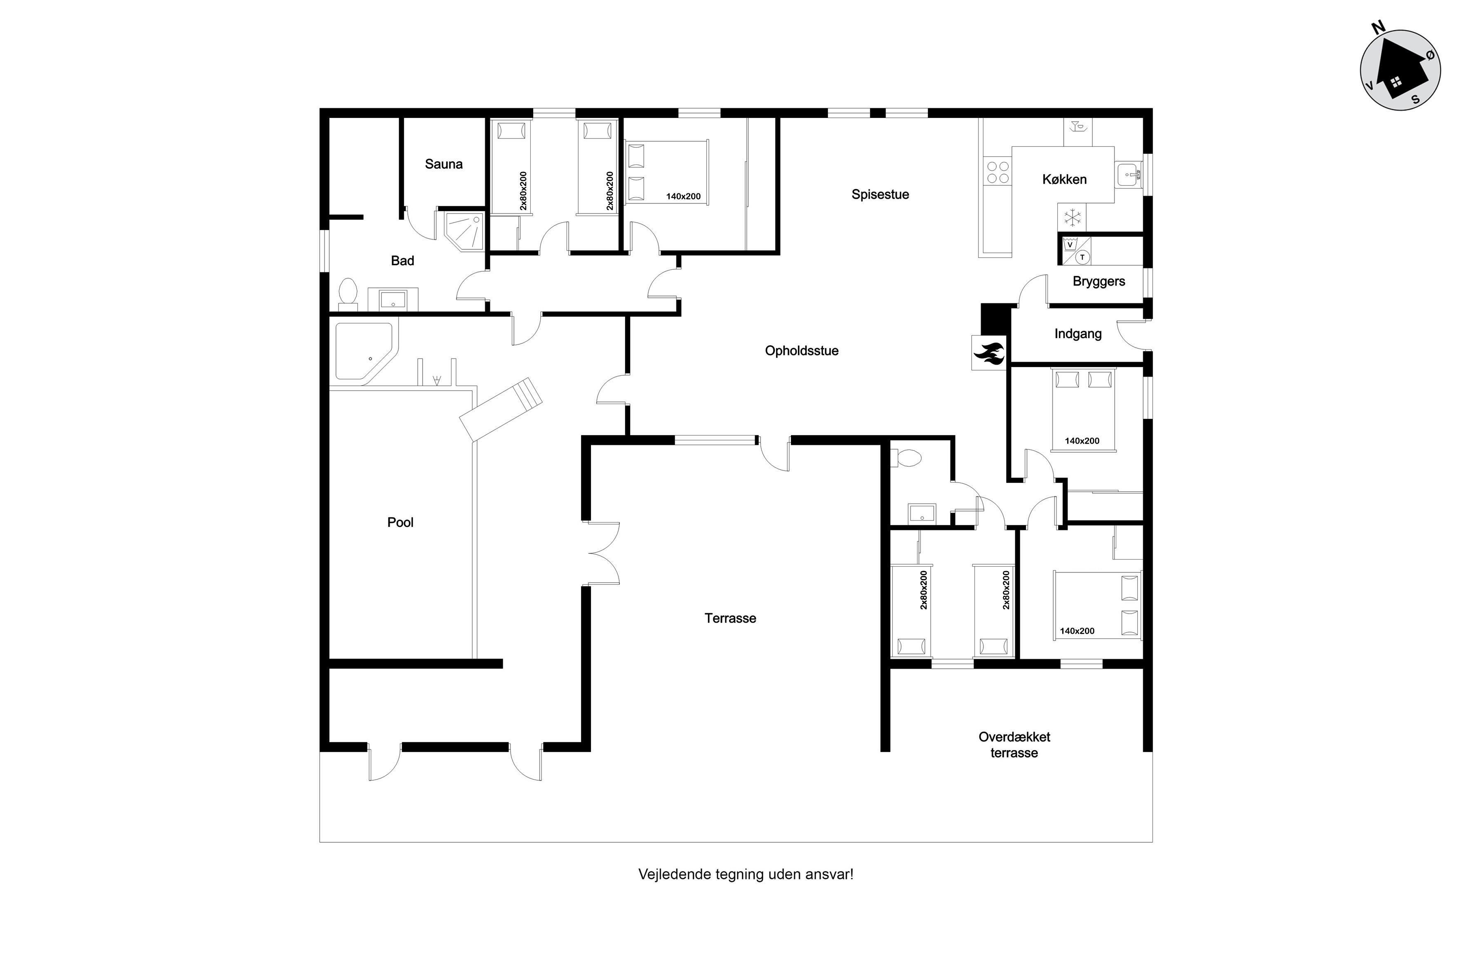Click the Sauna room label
pyautogui.click(x=444, y=164)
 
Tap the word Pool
pyautogui.click(x=400, y=522)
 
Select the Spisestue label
pyautogui.click(x=880, y=194)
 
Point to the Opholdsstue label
pyautogui.click(x=801, y=351)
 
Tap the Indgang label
pyautogui.click(x=1078, y=334)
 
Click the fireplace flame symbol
pyautogui.click(x=989, y=353)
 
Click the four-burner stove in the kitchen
pyautogui.click(x=998, y=173)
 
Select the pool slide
pyautogui.click(x=501, y=409)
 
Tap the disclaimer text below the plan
pyautogui.click(x=746, y=875)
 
